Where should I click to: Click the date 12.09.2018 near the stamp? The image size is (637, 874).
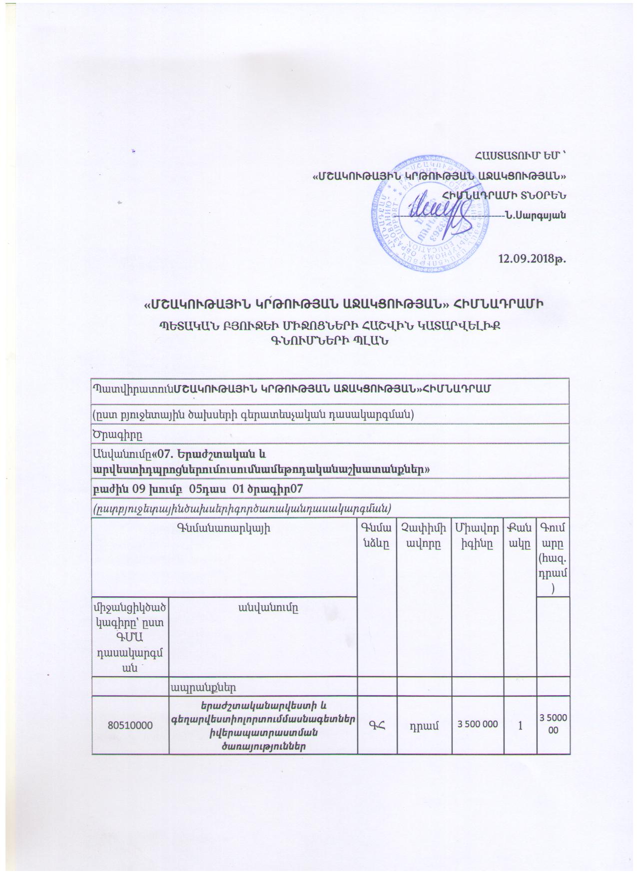[x=532, y=259]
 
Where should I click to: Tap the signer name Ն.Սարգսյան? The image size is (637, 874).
[x=542, y=216]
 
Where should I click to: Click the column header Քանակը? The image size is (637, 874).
[x=519, y=535]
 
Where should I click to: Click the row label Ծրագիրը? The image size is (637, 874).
[x=118, y=434]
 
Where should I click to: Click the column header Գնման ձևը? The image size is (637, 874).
[x=376, y=535]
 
